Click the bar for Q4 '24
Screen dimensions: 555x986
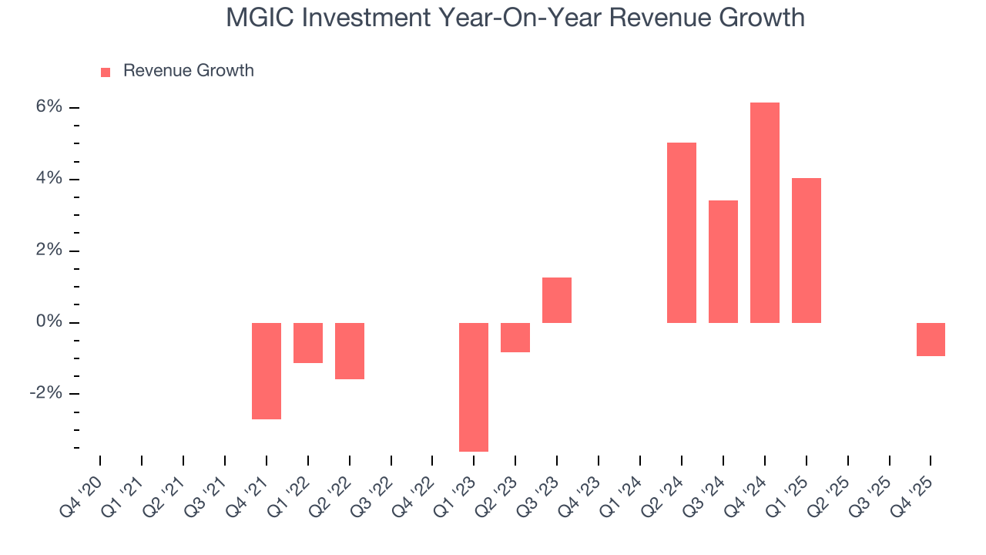(764, 213)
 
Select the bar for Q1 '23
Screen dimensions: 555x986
(474, 387)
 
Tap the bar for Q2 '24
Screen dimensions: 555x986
(681, 233)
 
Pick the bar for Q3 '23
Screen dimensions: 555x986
(557, 300)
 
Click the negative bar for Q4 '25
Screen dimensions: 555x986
(931, 339)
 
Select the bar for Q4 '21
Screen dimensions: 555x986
(267, 371)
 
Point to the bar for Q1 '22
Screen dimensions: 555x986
(308, 342)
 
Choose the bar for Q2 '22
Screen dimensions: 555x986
(350, 351)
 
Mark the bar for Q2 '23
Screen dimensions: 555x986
(515, 337)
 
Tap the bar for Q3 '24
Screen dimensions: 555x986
(723, 261)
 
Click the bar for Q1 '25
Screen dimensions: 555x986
(806, 251)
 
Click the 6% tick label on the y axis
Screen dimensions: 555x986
(48, 107)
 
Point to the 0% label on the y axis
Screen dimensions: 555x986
(48, 322)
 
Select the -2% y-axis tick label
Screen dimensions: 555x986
(45, 394)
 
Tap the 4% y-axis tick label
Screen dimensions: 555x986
(48, 179)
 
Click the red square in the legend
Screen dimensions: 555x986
(106, 72)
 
